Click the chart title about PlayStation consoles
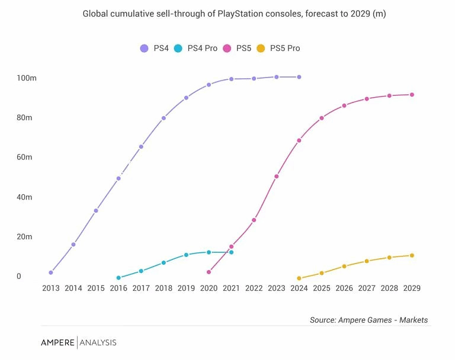point(234,14)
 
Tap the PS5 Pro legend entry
point(278,48)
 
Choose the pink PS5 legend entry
point(237,48)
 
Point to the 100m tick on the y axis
point(27,78)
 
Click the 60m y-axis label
point(24,157)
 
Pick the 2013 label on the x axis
point(51,288)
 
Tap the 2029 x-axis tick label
point(412,288)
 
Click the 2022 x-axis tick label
point(254,288)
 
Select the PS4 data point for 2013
point(51,272)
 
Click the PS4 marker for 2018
point(164,118)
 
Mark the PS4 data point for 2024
point(299,77)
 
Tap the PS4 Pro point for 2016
point(118,278)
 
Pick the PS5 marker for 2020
point(209,272)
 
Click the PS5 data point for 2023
point(276,176)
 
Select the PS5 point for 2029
point(412,95)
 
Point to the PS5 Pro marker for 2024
point(299,278)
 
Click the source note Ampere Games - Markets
point(369,320)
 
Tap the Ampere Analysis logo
point(78,342)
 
